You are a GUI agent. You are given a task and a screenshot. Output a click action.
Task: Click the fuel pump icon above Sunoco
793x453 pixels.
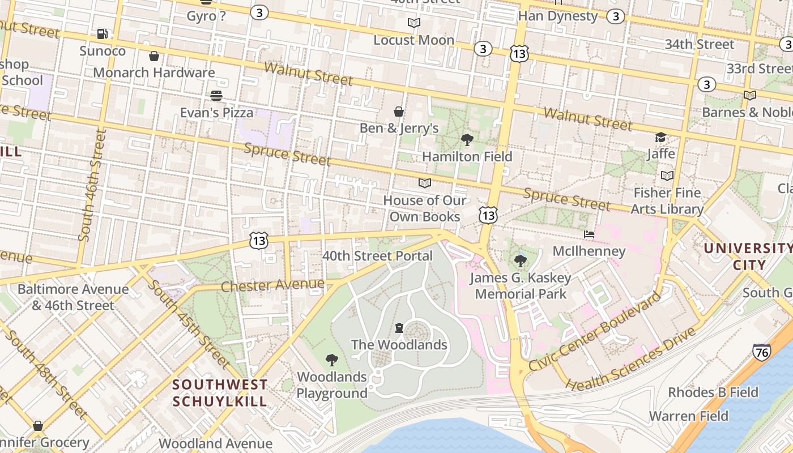(102, 34)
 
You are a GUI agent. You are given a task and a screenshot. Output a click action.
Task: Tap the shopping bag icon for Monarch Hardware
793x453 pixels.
(154, 56)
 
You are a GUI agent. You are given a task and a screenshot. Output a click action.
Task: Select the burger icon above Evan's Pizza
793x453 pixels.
(216, 96)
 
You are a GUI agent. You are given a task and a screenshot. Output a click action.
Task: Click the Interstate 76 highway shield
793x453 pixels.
(762, 352)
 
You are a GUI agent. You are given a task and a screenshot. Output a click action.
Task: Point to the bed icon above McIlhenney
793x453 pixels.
(589, 234)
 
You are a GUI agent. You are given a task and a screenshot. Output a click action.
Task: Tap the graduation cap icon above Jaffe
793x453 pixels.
(660, 138)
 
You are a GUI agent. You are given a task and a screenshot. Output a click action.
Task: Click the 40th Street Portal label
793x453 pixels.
(377, 256)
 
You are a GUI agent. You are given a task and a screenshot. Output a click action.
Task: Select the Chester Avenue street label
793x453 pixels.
(272, 285)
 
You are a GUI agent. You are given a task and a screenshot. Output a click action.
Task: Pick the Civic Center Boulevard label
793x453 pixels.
(594, 331)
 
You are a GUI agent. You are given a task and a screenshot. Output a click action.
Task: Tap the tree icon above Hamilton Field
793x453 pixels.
(467, 139)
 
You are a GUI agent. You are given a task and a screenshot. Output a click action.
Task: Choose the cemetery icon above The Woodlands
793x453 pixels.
(399, 328)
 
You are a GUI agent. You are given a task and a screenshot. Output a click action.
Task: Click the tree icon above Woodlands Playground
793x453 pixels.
(332, 360)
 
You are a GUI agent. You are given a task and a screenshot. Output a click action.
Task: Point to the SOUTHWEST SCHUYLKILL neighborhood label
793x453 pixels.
(220, 393)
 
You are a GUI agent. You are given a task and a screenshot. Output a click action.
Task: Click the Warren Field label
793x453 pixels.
(688, 416)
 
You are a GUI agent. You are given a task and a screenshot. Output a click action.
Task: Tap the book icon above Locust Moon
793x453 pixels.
(414, 23)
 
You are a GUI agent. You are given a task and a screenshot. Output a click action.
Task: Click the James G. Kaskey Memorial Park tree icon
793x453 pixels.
(520, 261)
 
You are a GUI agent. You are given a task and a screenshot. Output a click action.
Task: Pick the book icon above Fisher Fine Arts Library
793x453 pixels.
(667, 176)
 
